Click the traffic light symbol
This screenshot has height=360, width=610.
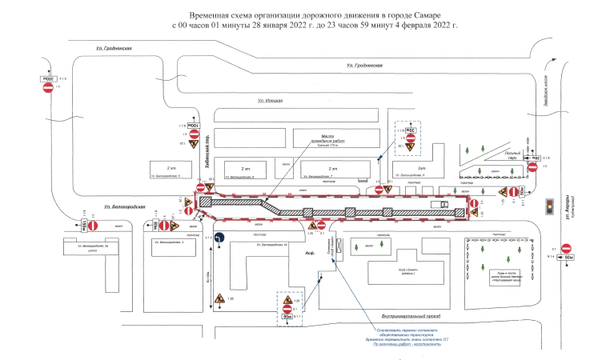[x=549, y=206]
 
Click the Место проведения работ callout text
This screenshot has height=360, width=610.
[x=311, y=138]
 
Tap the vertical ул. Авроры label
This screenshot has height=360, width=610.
[x=569, y=210]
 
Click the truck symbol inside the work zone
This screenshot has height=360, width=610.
[x=439, y=205]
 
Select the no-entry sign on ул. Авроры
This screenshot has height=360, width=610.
[x=566, y=248]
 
